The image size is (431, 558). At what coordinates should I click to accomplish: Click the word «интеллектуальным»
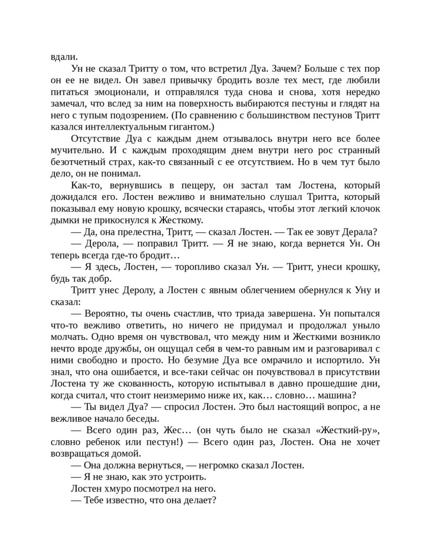[x=136, y=126]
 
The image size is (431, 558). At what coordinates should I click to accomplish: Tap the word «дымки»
[x=63, y=220]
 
